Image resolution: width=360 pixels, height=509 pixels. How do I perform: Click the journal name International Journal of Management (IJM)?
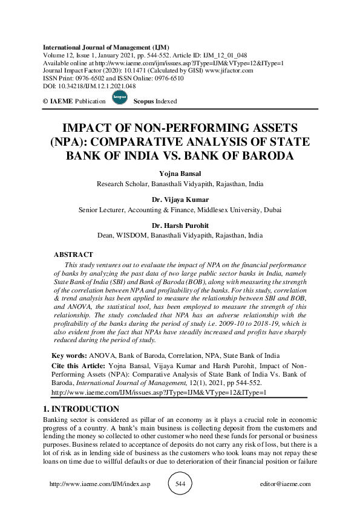click(106, 47)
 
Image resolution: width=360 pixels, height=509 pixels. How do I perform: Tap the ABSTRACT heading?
click(73, 255)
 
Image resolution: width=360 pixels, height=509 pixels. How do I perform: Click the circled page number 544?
click(180, 484)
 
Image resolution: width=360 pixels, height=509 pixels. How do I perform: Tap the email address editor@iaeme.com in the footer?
click(284, 484)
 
